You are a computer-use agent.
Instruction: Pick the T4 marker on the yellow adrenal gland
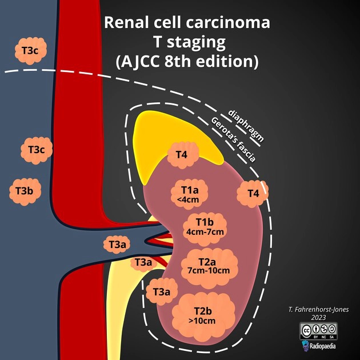click(x=181, y=155)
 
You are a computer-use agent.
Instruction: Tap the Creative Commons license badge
click(x=318, y=330)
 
